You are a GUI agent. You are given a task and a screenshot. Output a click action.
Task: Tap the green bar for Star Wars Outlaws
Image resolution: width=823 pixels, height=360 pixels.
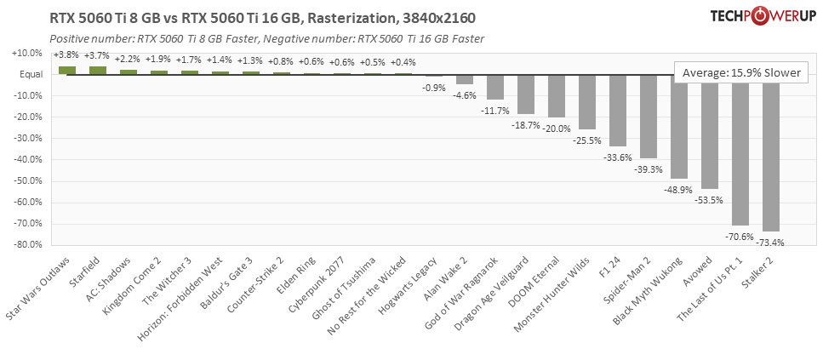click(67, 71)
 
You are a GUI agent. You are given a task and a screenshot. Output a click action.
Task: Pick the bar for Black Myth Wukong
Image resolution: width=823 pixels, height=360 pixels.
click(679, 128)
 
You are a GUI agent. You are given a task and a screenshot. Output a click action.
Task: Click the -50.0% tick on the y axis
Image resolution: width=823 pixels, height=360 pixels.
click(26, 180)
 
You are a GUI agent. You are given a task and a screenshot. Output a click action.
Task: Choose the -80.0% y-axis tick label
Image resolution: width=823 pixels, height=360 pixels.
click(26, 245)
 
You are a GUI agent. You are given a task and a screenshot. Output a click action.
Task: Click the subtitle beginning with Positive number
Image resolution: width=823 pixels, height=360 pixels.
click(266, 39)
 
